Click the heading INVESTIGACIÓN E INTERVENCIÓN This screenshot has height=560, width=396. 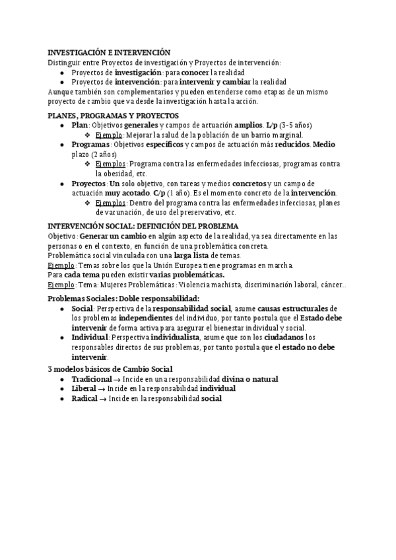point(110,53)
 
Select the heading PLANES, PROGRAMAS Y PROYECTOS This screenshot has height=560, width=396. point(114,115)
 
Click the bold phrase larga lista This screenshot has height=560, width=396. point(193,255)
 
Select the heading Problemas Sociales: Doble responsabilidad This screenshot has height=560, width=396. point(124,298)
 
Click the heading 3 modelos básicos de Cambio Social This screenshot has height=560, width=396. point(110,368)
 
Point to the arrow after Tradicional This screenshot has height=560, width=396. point(117,379)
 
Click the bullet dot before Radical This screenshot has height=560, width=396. point(62,399)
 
